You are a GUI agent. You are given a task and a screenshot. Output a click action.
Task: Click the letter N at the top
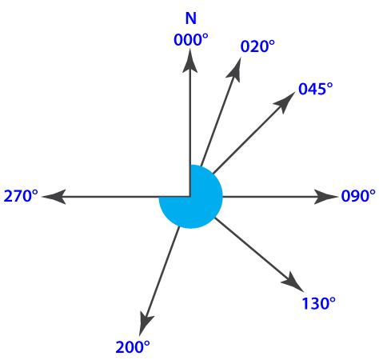click(191, 18)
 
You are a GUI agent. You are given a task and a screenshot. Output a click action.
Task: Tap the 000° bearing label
click(191, 40)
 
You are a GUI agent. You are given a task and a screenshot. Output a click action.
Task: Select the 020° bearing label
click(257, 46)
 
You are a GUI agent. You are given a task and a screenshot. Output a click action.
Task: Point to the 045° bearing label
click(316, 89)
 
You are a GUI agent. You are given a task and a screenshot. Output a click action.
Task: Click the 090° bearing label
click(358, 196)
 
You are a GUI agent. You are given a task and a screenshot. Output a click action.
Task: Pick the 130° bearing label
click(318, 303)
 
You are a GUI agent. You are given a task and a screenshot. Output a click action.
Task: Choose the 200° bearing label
click(133, 347)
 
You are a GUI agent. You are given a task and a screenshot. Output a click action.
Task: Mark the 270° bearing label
click(21, 196)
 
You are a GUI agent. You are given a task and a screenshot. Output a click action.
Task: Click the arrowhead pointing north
click(189, 61)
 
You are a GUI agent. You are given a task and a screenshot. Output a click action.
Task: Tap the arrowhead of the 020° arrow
click(235, 70)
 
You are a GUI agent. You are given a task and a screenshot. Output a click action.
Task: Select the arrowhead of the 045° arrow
click(285, 102)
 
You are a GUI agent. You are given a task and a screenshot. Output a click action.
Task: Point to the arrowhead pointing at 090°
click(325, 197)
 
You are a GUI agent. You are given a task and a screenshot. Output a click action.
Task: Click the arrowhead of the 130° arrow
click(293, 282)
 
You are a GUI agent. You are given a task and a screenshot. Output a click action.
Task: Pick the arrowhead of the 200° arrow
click(146, 323)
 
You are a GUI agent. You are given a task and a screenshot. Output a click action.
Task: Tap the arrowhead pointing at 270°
click(54, 197)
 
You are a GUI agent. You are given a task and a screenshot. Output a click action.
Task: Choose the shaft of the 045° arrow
click(249, 138)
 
